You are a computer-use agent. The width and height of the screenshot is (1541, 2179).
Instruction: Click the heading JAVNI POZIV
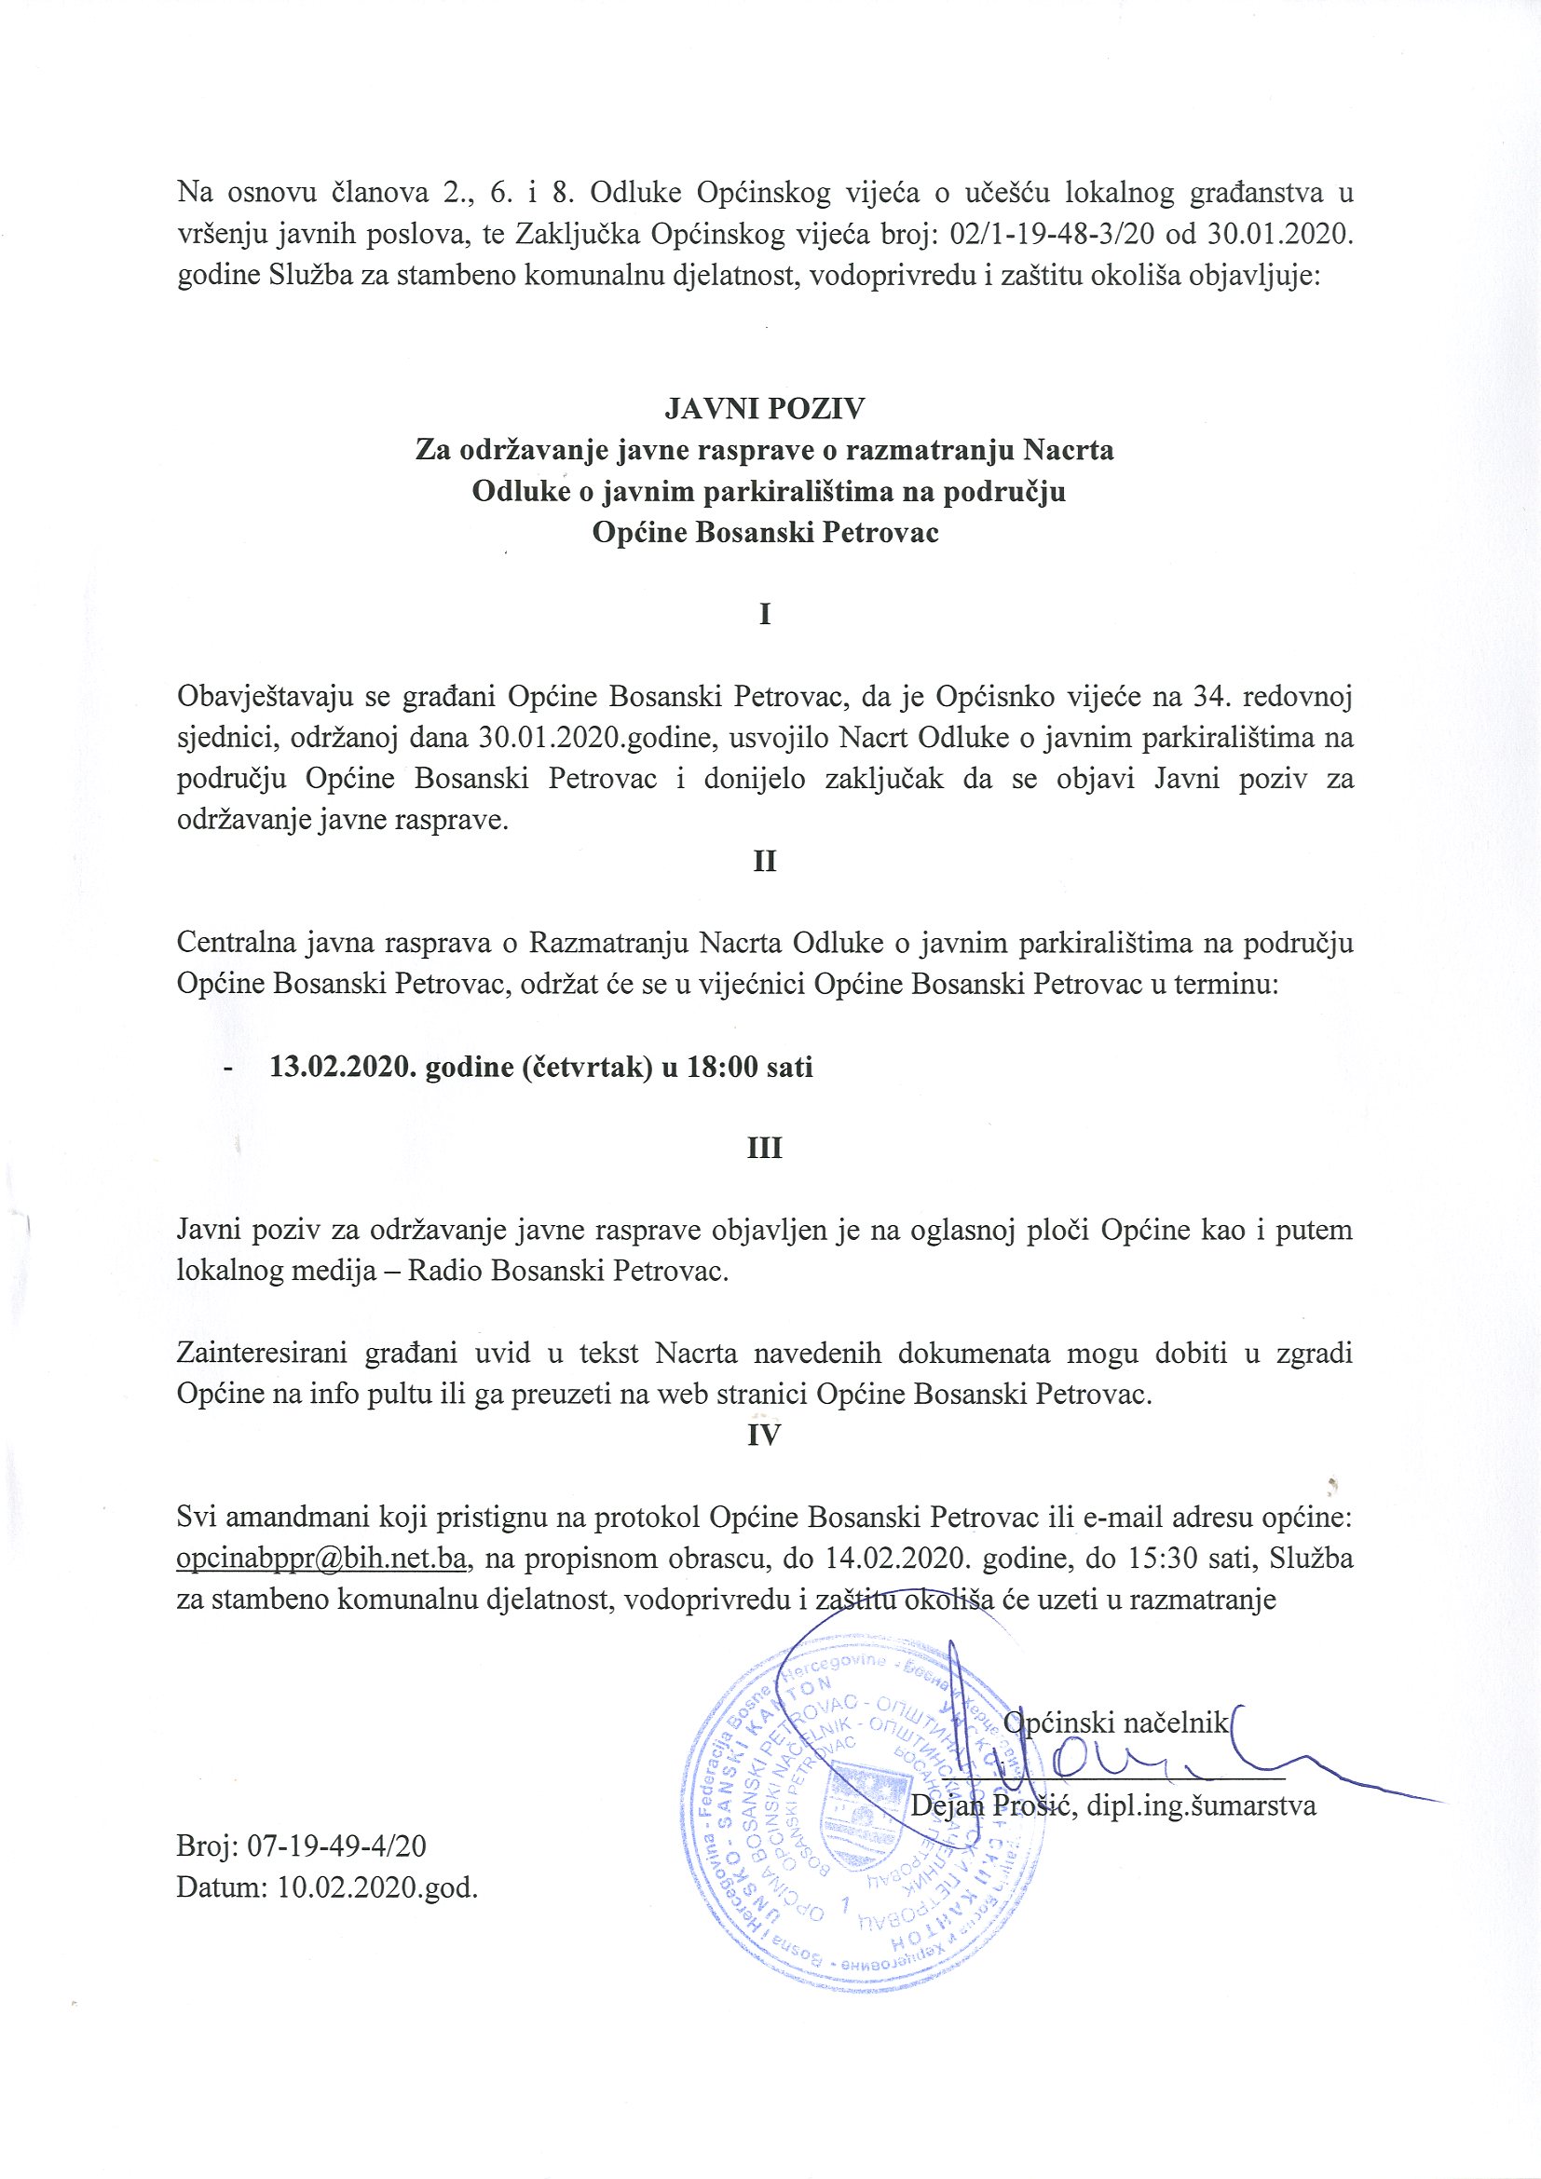click(764, 408)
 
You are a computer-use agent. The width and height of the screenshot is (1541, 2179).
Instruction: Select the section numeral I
click(765, 614)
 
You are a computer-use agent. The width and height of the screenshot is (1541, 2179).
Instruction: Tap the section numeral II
click(765, 861)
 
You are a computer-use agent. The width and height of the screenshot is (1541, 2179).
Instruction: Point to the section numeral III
click(765, 1149)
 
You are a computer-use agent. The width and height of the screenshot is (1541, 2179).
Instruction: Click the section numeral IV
click(764, 1435)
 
